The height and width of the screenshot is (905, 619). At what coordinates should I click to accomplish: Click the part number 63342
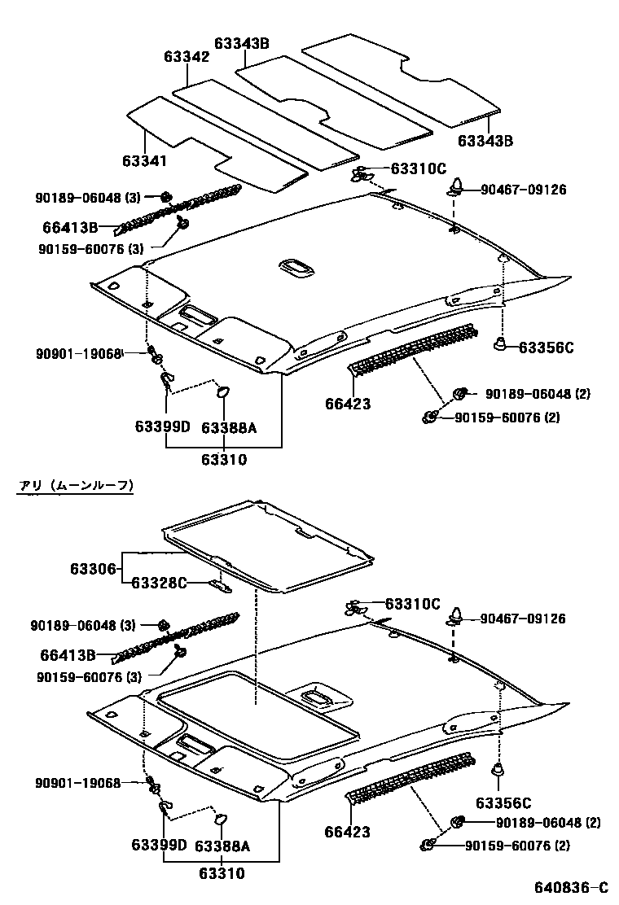(187, 57)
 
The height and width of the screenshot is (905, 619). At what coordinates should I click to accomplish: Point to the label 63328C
(160, 582)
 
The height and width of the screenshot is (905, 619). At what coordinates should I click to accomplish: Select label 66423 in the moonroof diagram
(347, 832)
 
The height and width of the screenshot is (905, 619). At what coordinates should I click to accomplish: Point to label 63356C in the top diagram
(547, 348)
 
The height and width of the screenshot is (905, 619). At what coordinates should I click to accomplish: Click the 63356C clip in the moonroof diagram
(498, 768)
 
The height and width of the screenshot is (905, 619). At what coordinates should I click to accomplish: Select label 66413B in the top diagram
(69, 227)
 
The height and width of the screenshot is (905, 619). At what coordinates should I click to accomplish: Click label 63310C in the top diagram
(419, 168)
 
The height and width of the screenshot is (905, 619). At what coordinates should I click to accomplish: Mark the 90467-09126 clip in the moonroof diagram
(454, 620)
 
